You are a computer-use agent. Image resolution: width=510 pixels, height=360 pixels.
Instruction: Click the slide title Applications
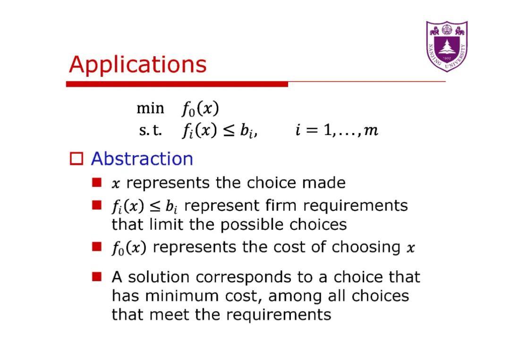point(137,65)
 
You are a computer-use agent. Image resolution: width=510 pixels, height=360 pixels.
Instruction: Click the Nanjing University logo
point(447,46)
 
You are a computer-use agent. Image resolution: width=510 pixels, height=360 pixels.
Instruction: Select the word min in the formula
point(150,109)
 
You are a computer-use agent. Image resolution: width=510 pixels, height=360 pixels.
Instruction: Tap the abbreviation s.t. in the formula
point(151,131)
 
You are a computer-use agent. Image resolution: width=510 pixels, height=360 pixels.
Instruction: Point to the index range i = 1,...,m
point(337,131)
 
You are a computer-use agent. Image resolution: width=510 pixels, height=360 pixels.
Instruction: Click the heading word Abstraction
point(142,159)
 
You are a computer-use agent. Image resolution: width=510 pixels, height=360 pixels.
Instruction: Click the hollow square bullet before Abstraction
point(76,159)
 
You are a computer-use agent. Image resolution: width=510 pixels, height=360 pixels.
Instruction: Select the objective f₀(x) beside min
point(200,109)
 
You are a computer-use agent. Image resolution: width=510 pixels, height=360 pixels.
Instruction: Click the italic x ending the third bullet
point(411,248)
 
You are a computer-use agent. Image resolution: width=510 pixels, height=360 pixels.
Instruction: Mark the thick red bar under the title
point(177,84)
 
